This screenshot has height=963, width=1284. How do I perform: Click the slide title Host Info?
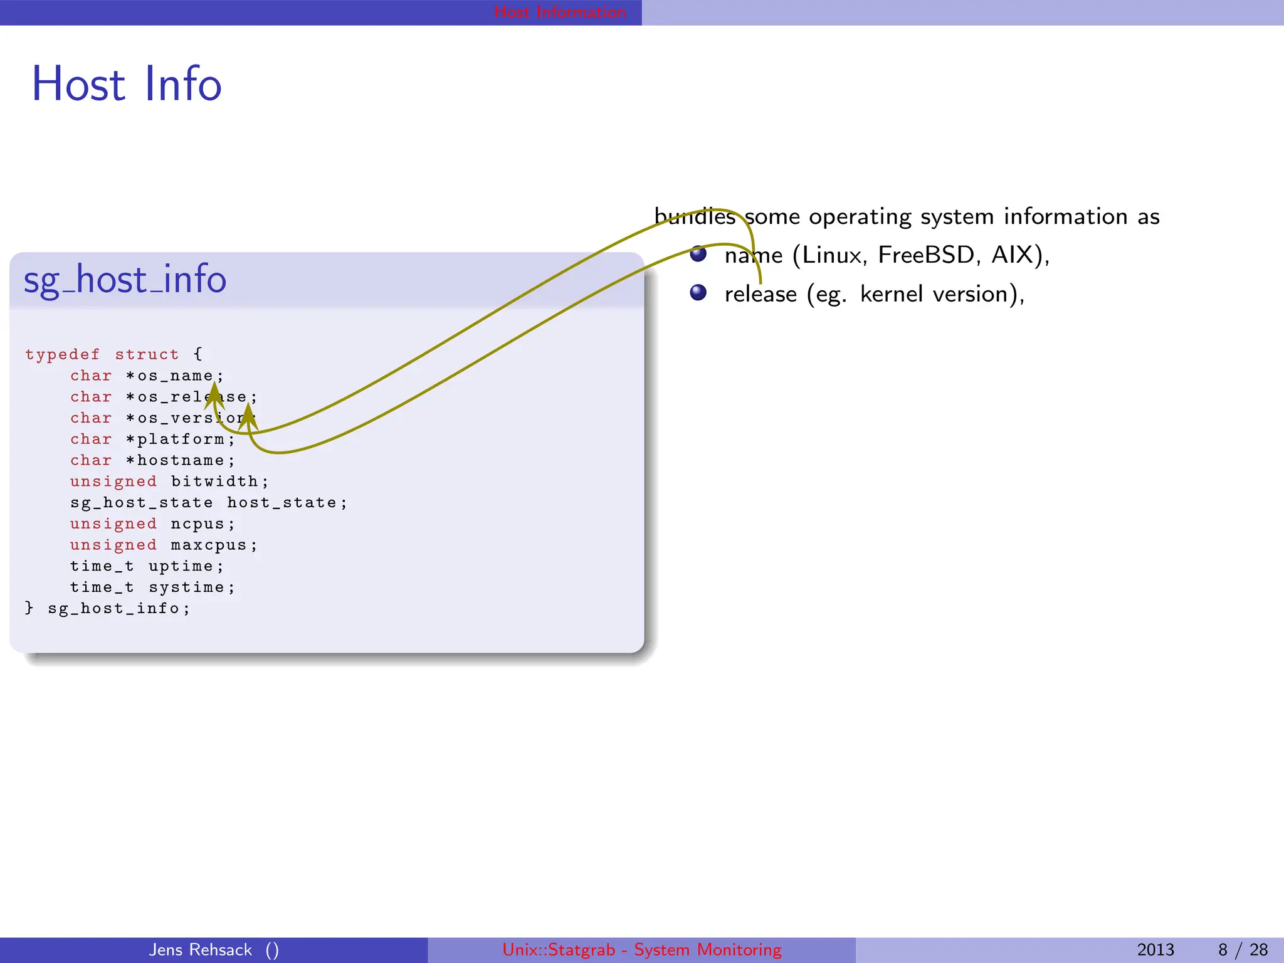click(x=127, y=84)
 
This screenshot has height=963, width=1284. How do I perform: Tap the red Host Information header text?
click(x=559, y=12)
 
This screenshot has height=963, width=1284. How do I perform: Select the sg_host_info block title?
click(x=125, y=280)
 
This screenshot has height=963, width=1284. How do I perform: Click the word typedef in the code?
click(x=62, y=355)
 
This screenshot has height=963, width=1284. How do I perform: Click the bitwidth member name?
click(x=215, y=481)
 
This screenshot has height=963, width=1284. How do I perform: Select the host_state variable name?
click(x=282, y=503)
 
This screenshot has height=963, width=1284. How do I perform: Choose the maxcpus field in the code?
click(x=209, y=545)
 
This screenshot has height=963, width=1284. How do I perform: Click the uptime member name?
click(x=181, y=567)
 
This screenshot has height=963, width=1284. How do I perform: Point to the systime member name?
click(x=186, y=587)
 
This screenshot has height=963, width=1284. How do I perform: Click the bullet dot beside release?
click(x=698, y=293)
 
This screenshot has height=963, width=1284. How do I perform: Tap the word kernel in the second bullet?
click(x=891, y=294)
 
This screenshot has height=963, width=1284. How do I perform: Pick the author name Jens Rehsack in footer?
click(x=200, y=950)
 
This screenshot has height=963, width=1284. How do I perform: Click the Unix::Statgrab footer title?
click(x=641, y=950)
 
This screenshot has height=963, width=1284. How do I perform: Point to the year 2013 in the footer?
click(x=1155, y=950)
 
